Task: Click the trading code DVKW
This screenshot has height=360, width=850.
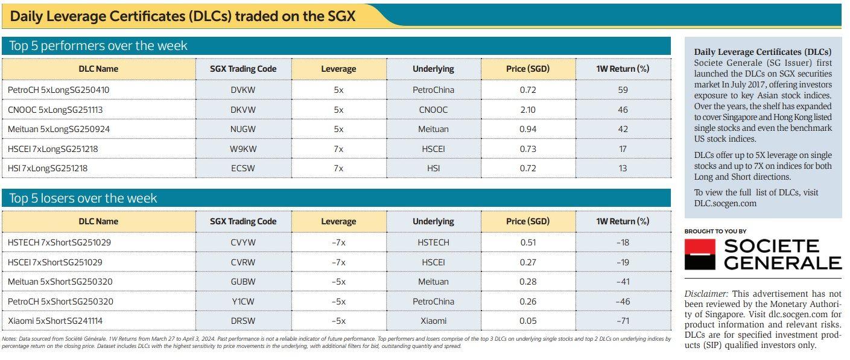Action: click(x=243, y=90)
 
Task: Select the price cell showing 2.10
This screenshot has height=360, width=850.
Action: click(x=527, y=110)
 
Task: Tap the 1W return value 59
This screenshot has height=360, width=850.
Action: click(x=623, y=90)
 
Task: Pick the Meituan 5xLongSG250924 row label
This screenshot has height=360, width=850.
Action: click(x=59, y=129)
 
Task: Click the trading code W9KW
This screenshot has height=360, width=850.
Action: click(x=243, y=149)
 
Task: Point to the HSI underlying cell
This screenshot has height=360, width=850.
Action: click(x=433, y=168)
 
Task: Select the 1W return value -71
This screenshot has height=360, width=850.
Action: click(x=623, y=321)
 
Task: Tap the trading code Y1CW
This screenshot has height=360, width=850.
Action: click(x=243, y=301)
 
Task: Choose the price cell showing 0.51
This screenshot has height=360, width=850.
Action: click(x=527, y=242)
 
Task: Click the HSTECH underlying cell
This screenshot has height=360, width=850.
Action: click(x=433, y=242)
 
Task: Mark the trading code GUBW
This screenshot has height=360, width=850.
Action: click(x=243, y=282)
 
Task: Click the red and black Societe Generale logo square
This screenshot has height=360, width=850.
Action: click(x=700, y=254)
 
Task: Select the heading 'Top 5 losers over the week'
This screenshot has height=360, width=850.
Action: click(x=83, y=198)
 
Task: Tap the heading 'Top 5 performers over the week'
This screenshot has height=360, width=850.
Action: click(x=98, y=46)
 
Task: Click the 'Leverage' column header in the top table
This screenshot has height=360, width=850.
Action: click(x=338, y=69)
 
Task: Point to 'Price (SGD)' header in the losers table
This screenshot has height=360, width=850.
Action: click(x=527, y=221)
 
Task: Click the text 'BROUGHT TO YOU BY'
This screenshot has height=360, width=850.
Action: click(x=715, y=232)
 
